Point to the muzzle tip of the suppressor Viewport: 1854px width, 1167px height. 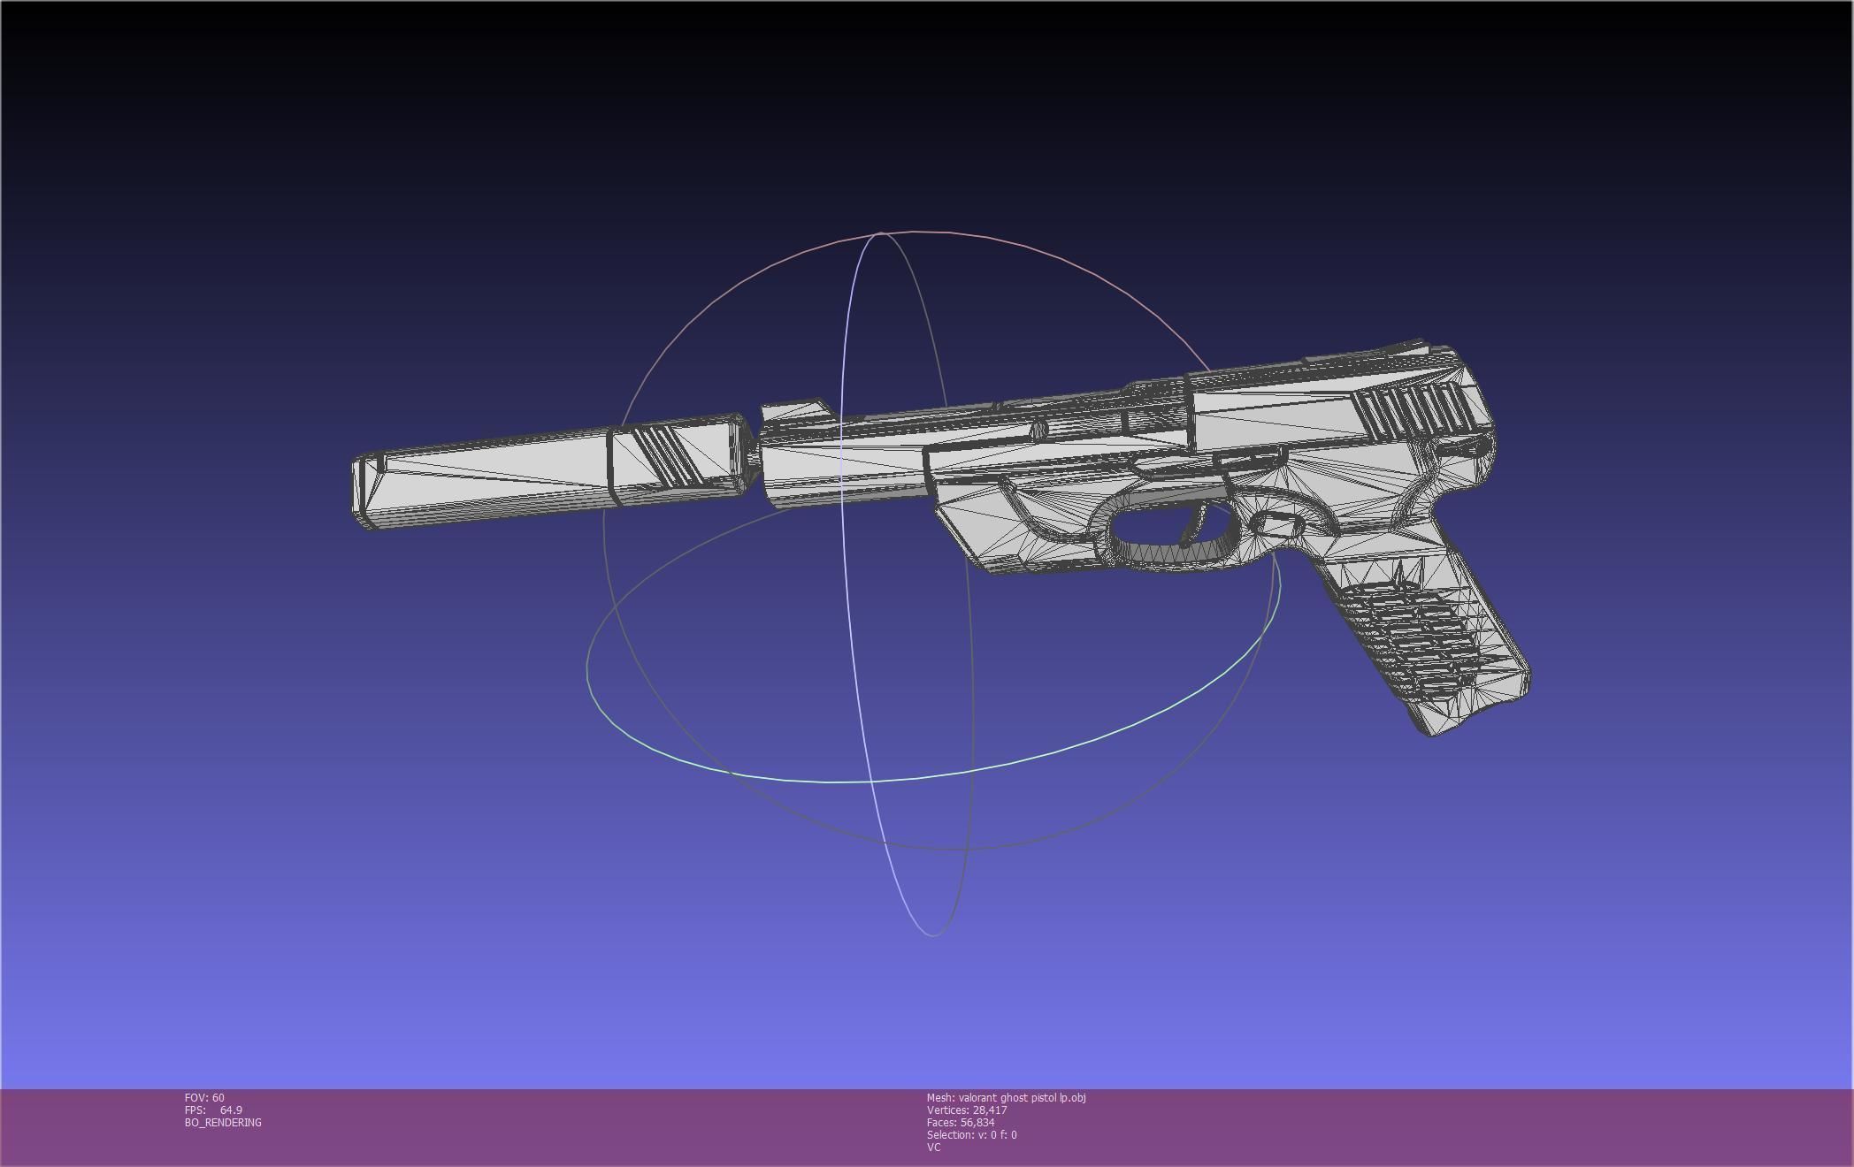tap(364, 492)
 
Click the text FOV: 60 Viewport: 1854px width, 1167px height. tap(204, 1098)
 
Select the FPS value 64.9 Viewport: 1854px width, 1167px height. tap(231, 1110)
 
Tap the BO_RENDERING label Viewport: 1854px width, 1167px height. tap(223, 1123)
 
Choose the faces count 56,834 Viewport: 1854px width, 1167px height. tap(977, 1123)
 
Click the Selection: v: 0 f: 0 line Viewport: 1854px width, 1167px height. tap(971, 1135)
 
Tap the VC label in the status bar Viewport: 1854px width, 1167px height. tap(933, 1148)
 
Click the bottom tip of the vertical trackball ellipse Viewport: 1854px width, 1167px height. tap(933, 935)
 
